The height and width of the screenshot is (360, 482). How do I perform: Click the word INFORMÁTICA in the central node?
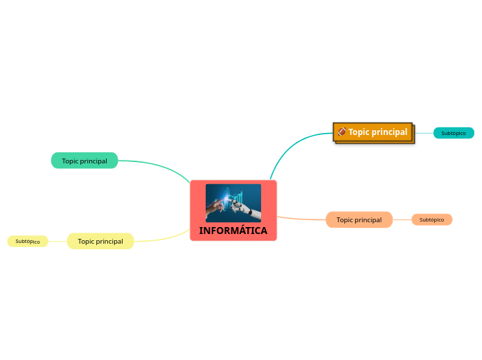[x=233, y=231]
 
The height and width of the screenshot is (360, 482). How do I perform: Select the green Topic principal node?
[x=84, y=161]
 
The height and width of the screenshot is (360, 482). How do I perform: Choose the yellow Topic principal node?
[x=100, y=241]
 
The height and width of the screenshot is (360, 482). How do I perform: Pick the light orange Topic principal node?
[x=359, y=219]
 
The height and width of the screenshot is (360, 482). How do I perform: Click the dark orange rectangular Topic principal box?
[x=374, y=132]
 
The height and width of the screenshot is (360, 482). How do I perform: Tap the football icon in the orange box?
[x=341, y=132]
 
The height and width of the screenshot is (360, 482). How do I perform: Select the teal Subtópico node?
[x=454, y=133]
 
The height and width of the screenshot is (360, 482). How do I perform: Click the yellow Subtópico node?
[x=28, y=241]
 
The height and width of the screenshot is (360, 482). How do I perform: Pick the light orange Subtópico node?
[x=431, y=219]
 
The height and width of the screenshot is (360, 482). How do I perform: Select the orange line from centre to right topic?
[x=301, y=219]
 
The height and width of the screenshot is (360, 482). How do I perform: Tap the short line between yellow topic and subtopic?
[x=57, y=241]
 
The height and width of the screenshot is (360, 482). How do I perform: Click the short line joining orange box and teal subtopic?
[x=424, y=133]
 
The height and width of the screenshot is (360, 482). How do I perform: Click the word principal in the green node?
[x=93, y=161]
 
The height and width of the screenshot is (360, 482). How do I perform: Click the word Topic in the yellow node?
[x=87, y=241]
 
